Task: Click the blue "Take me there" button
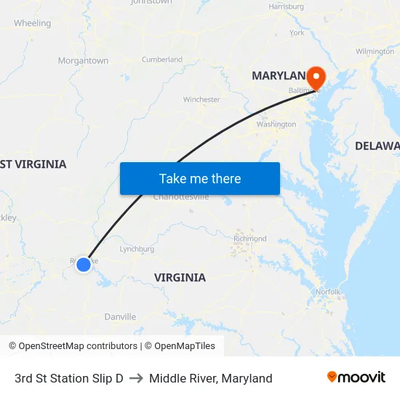[199, 178]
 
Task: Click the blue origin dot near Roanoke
[84, 265]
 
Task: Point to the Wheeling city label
[32, 23]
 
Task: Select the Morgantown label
[83, 61]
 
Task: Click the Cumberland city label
[162, 60]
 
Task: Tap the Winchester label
[201, 100]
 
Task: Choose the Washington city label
[276, 124]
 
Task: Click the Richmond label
[250, 239]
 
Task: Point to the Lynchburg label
[137, 249]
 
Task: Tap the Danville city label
[120, 317]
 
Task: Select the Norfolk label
[328, 292]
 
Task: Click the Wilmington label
[375, 52]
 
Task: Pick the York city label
[297, 33]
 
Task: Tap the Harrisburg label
[286, 7]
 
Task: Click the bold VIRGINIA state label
[180, 277]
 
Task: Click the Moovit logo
[356, 377]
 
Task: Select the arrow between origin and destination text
[136, 378]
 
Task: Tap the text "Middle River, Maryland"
[211, 378]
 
